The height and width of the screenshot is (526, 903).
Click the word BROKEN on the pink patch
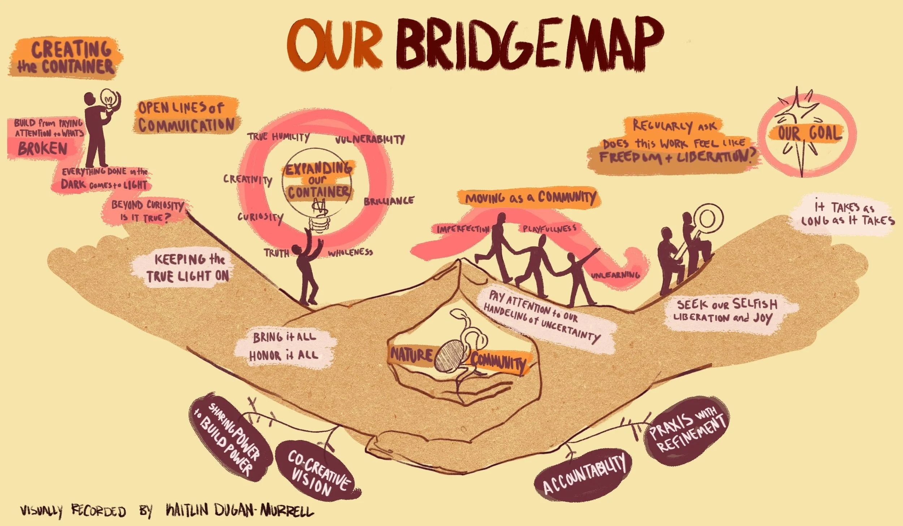43,148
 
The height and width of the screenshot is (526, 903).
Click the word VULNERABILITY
370,139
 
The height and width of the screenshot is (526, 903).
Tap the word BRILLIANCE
389,201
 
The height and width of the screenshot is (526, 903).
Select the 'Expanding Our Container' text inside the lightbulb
318,180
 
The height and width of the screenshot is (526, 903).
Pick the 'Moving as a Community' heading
530,198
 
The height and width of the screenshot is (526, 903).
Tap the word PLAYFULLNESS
549,228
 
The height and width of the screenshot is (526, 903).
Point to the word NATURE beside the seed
411,355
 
